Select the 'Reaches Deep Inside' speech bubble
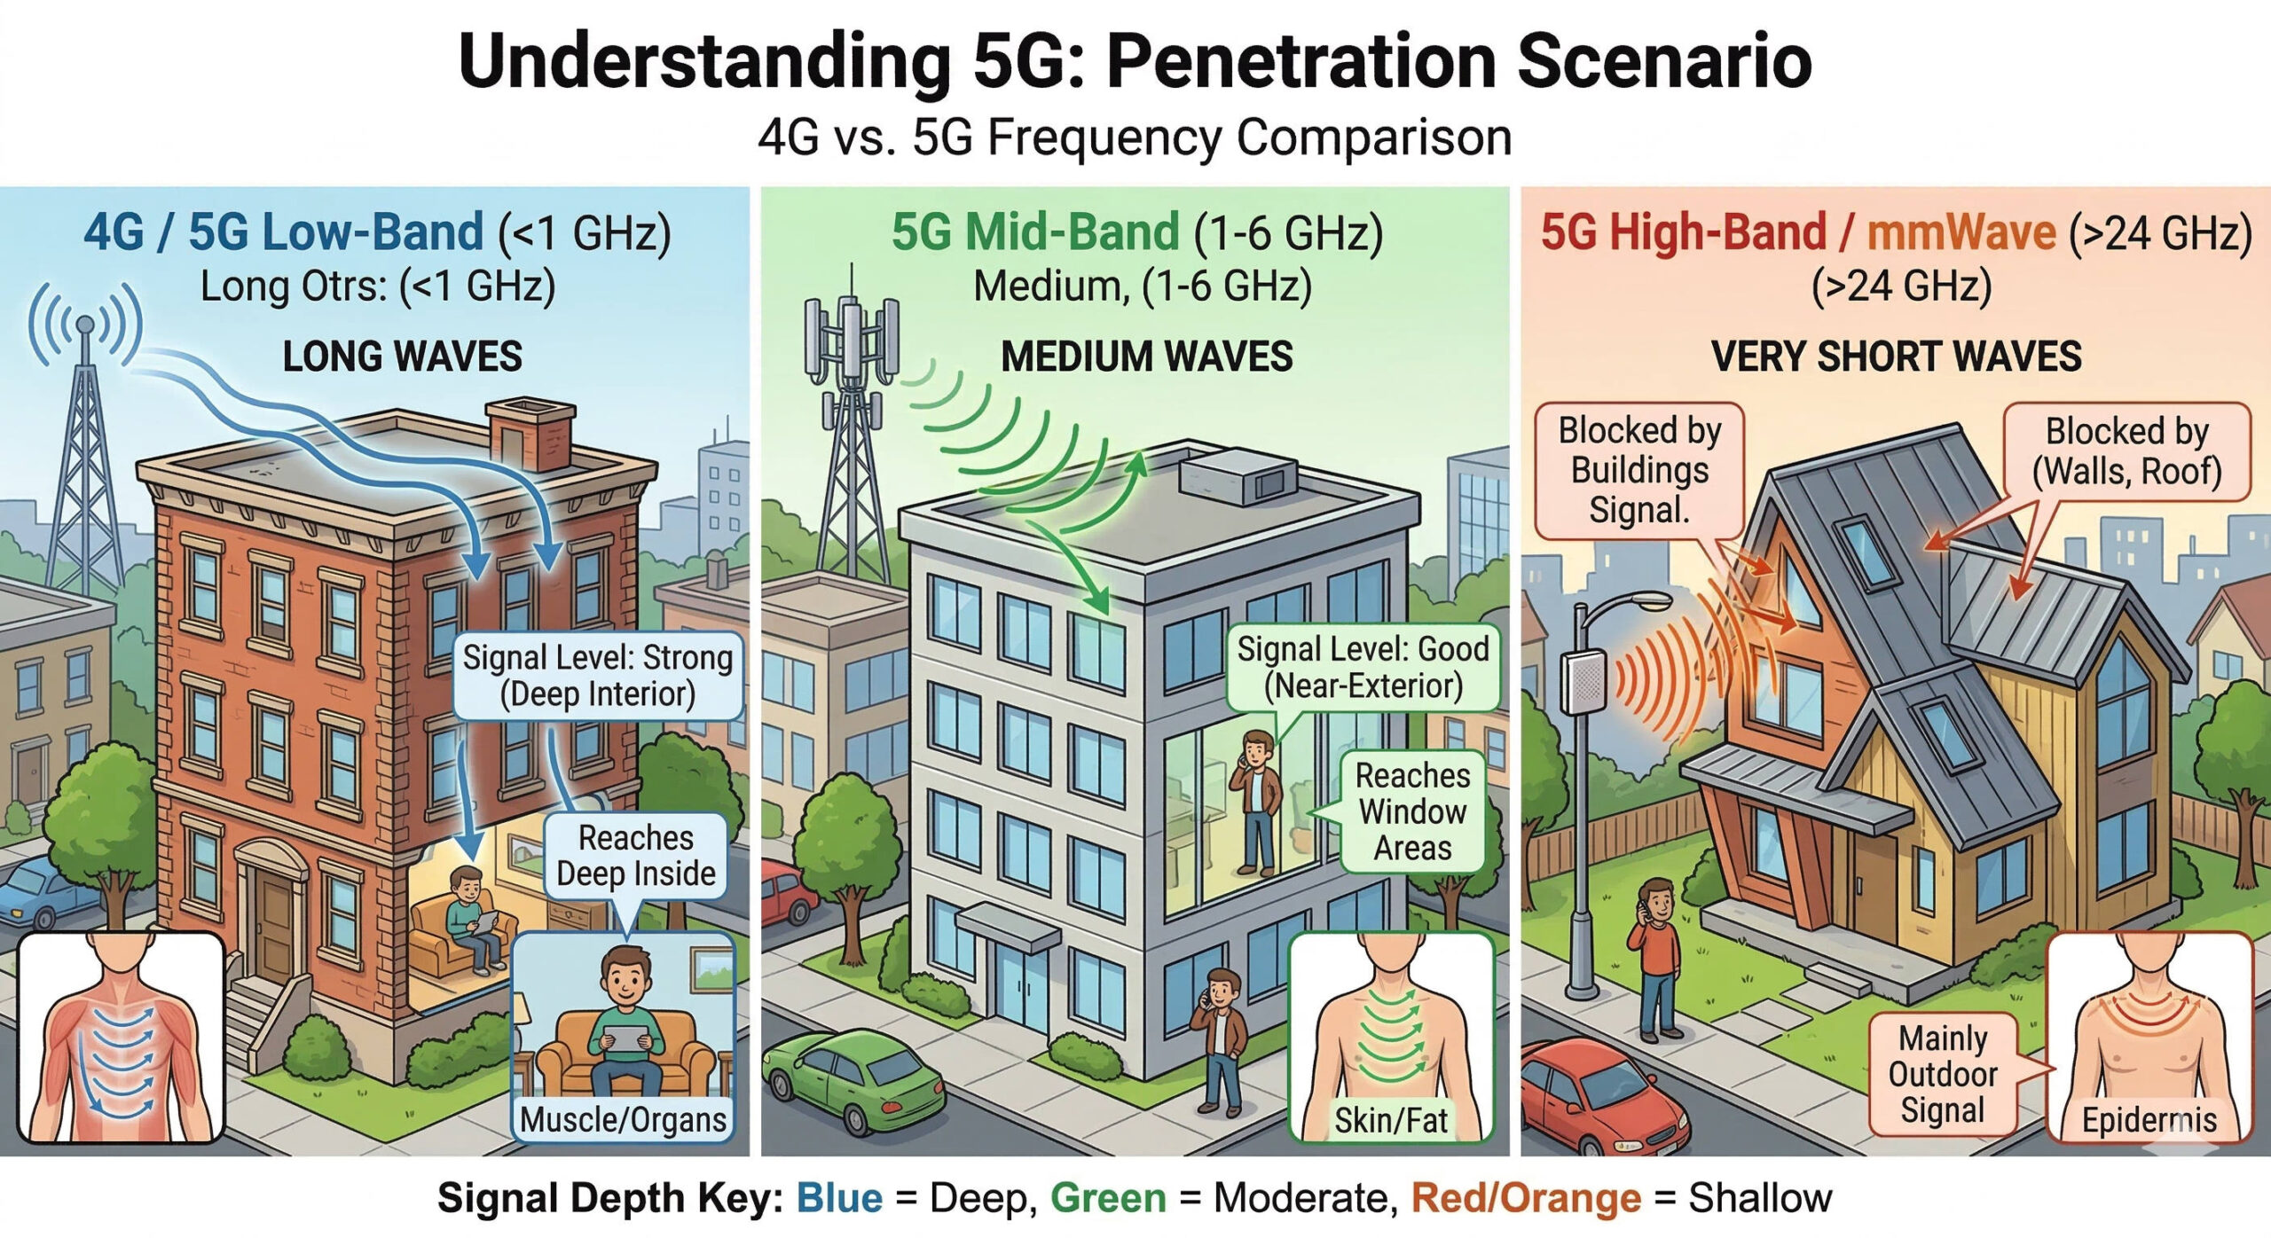635,856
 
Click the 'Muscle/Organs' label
623,1119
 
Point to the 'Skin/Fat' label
1390,1120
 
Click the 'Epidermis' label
2149,1120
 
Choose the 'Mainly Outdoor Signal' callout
1942,1075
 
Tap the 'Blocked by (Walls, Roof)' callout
2126,451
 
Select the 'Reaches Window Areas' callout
1412,811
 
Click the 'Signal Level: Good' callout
1363,667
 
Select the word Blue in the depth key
839,1198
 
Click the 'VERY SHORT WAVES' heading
1896,357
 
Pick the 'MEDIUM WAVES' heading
1146,357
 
